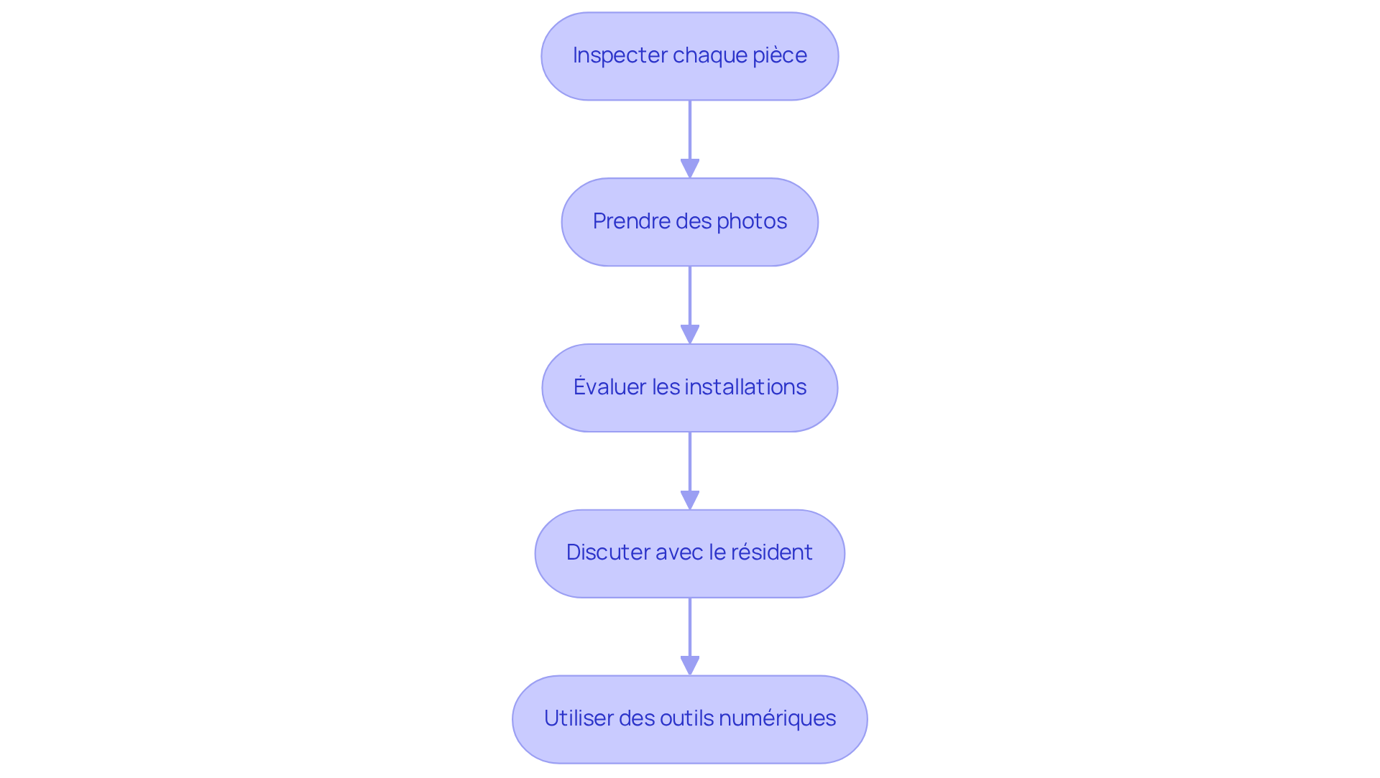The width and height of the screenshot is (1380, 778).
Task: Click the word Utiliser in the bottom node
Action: pyautogui.click(x=578, y=718)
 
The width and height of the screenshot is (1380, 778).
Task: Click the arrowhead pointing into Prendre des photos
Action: pyautogui.click(x=690, y=168)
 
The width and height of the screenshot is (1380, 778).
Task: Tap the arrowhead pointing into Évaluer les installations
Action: pyautogui.click(x=690, y=334)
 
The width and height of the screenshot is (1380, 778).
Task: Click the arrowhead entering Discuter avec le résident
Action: pyautogui.click(x=690, y=500)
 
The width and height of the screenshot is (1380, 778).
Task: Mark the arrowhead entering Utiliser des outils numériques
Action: pyautogui.click(x=690, y=665)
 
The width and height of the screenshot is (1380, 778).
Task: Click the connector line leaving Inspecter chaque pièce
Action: pyautogui.click(x=690, y=129)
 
